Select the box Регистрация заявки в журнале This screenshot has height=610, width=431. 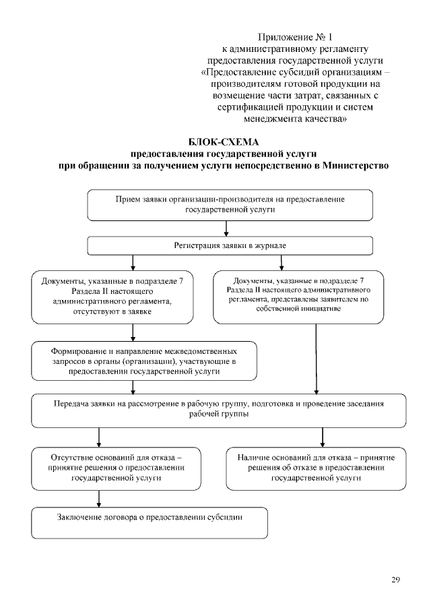click(230, 246)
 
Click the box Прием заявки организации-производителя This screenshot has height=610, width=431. click(230, 205)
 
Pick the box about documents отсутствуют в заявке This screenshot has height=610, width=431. click(102, 297)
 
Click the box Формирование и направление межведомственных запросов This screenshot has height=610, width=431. click(144, 361)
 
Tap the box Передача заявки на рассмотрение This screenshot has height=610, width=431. click(219, 410)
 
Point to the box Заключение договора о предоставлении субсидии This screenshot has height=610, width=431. click(150, 521)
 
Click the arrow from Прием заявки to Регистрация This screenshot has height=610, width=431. click(226, 229)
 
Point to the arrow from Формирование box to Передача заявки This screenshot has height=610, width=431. click(133, 387)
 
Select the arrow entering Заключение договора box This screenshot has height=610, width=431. click(100, 497)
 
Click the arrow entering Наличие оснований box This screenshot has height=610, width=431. click(323, 437)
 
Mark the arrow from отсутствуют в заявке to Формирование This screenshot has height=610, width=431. click(133, 332)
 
